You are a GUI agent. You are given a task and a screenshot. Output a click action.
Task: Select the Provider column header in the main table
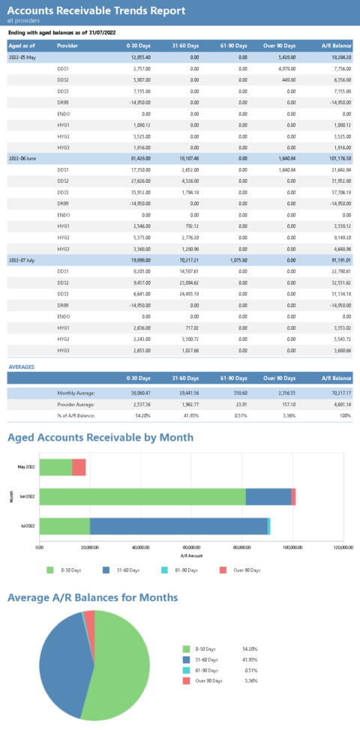[67, 46]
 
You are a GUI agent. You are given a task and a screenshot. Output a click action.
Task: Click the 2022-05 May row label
[22, 57]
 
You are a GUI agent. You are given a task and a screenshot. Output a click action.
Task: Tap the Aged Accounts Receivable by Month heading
[100, 437]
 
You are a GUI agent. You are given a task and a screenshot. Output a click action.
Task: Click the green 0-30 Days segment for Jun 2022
[142, 496]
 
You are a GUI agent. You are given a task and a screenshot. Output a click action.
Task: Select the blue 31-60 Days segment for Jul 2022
[178, 526]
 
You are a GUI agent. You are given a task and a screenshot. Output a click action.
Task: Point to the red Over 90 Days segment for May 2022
[79, 467]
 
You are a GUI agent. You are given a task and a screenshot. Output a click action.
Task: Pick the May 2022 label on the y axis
[26, 467]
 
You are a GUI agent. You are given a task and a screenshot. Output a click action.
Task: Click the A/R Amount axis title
[191, 556]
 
